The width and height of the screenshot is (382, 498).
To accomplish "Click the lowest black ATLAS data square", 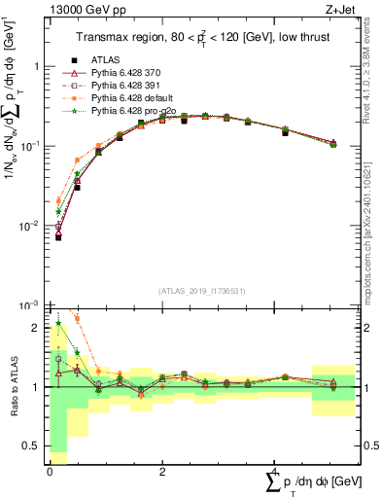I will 58,236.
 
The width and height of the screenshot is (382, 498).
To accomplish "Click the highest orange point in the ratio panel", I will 77,318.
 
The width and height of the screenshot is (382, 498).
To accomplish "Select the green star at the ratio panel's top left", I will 58,324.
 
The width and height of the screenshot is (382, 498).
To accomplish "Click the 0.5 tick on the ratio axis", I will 37,446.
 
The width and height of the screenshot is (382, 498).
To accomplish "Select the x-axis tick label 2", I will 160,472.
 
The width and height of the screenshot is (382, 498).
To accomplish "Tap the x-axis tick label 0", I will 50,472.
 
